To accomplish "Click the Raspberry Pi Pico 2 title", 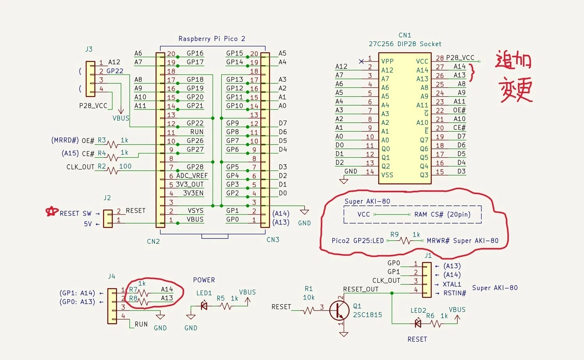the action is [212, 39].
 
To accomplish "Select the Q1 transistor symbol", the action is [339, 311].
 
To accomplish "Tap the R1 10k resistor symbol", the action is [309, 311].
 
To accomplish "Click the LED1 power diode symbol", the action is [204, 306].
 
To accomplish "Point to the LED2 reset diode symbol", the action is [418, 323].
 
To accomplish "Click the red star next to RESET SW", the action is [52, 211].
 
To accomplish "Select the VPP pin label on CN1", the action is [387, 61].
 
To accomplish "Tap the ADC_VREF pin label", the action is [192, 176].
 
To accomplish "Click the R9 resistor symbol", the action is [405, 240].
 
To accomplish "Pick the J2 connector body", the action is [108, 219].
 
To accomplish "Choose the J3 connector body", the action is [90, 79].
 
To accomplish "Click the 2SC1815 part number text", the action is [368, 315].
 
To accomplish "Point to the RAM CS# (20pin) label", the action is [442, 214].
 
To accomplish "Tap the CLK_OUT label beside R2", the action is [80, 167].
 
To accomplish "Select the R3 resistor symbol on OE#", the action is [113, 144].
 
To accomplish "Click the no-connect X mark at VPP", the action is [361, 61].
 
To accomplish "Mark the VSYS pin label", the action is [195, 210].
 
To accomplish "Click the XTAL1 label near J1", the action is [452, 284].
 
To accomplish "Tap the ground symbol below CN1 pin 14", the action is [344, 181].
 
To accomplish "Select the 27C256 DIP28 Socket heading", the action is [405, 44].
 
